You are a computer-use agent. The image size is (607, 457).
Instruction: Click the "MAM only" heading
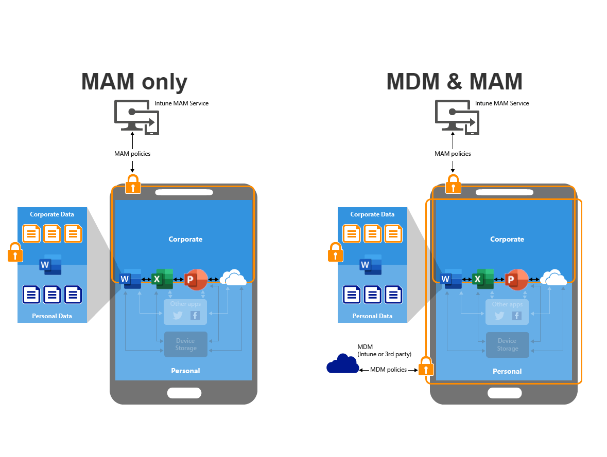coord(134,82)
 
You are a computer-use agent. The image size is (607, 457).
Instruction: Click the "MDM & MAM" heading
coord(454,82)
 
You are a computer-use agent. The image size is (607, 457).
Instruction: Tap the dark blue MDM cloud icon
coord(342,363)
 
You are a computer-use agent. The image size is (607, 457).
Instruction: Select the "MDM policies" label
coord(388,370)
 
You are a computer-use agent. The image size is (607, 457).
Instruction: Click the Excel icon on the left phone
coord(161,279)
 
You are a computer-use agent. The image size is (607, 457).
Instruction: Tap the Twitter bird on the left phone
coord(178,316)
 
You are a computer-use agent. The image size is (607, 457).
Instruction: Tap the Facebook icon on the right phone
coord(516,316)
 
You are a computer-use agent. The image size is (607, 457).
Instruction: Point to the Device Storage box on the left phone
coord(186,344)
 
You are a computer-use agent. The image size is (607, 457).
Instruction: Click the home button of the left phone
coord(184,393)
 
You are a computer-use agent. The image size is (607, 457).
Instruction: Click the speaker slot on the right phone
coord(505,192)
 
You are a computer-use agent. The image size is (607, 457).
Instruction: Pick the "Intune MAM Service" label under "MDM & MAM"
coord(502,103)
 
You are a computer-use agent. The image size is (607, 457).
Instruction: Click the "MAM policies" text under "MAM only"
coord(132,154)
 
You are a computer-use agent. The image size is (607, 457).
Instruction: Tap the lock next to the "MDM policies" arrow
coord(426,367)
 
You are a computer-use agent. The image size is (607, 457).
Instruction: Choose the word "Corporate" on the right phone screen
coord(507,240)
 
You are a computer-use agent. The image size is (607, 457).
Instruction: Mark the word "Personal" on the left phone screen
coord(185,371)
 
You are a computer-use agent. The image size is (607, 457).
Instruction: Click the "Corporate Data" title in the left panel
coord(52,214)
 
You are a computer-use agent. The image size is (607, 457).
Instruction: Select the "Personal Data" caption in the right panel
coord(372,316)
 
